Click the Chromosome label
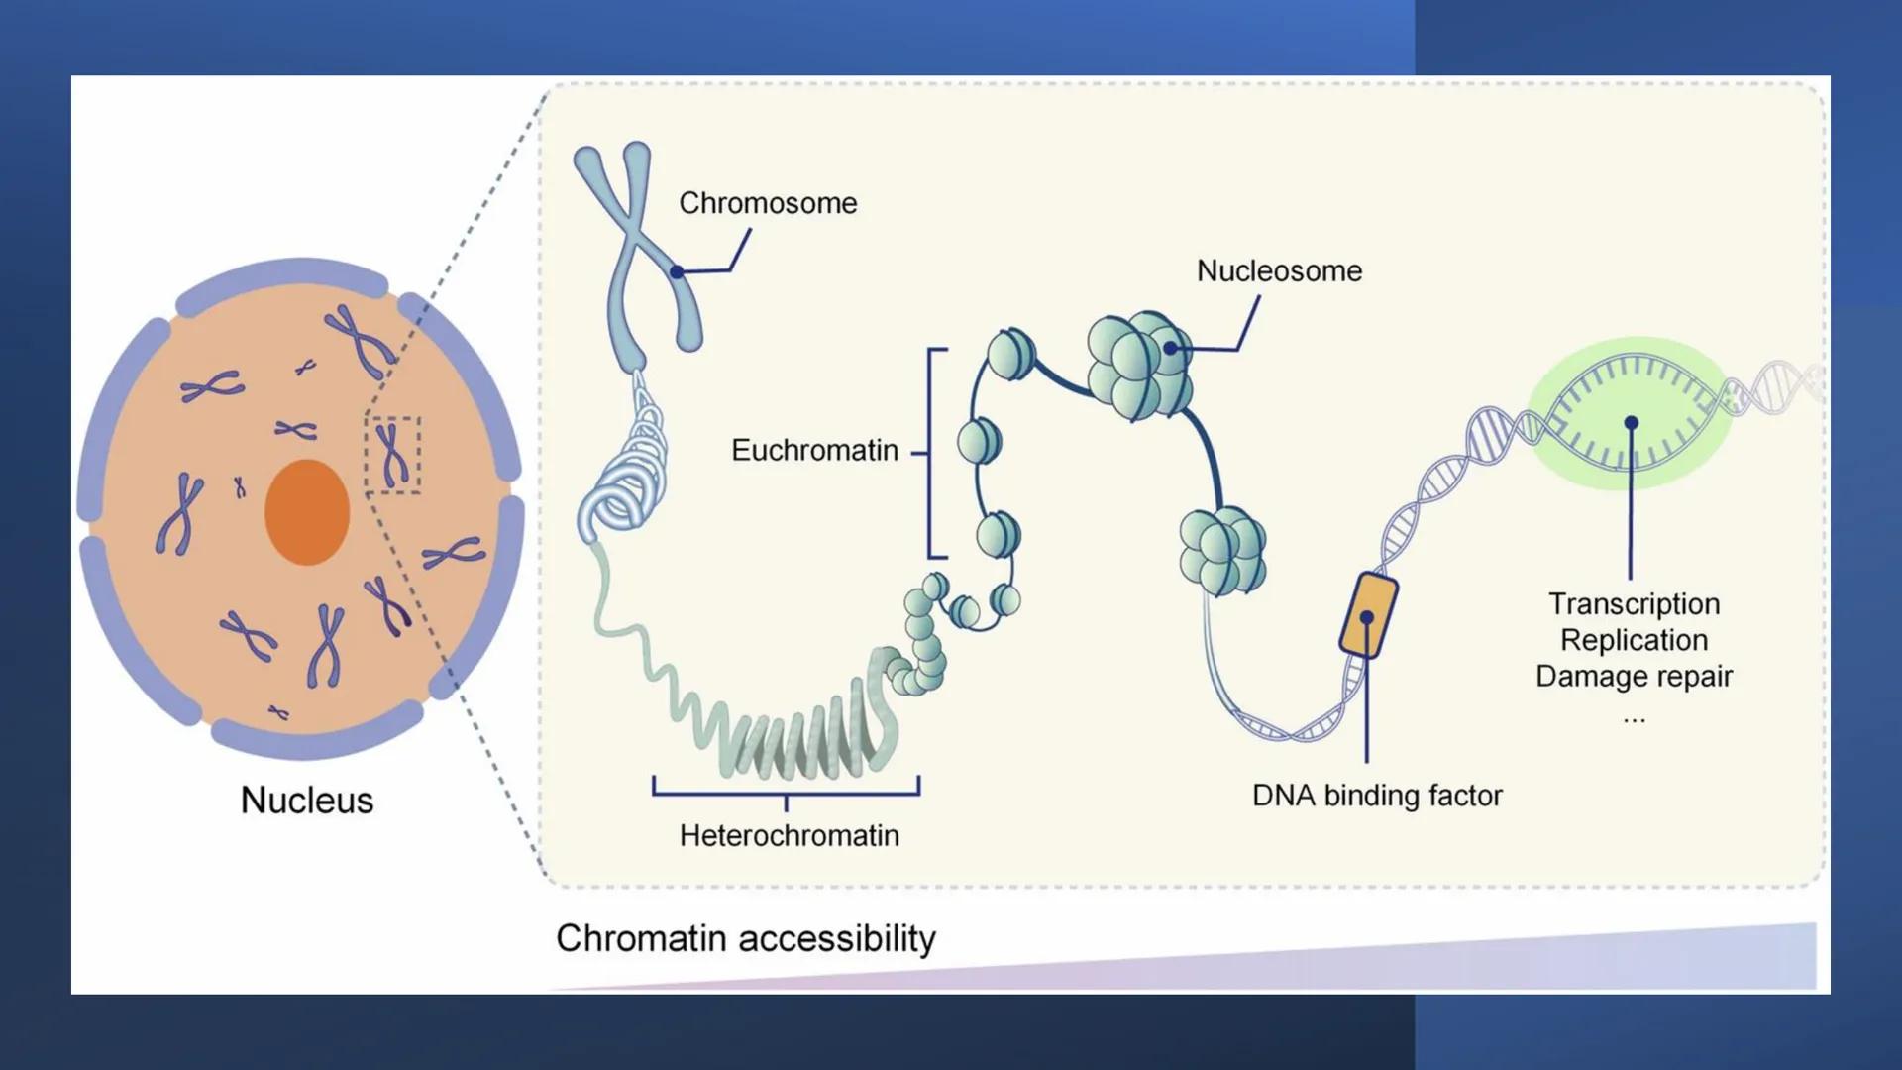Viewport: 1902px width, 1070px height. [x=768, y=203]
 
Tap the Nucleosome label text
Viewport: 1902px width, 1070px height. [x=1279, y=270]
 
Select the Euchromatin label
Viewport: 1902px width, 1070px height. [x=814, y=450]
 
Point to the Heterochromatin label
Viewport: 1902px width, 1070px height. [x=789, y=835]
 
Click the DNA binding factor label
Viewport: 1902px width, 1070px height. [x=1376, y=795]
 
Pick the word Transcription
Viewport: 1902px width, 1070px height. [x=1634, y=603]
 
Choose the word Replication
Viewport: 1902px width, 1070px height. [x=1634, y=640]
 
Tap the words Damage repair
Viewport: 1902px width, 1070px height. [x=1634, y=676]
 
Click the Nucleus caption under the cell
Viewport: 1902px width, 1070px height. [x=307, y=800]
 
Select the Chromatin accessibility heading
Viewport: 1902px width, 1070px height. [x=745, y=937]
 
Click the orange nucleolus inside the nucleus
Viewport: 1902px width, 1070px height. [x=307, y=511]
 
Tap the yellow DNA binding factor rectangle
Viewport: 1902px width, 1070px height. [x=1368, y=615]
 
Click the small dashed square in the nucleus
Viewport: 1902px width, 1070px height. [x=393, y=455]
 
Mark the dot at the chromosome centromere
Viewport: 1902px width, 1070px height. [x=677, y=271]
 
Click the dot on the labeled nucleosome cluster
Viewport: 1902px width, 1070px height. [x=1170, y=348]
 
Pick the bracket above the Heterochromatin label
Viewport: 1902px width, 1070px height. [x=786, y=791]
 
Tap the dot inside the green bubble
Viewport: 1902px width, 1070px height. [x=1631, y=423]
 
